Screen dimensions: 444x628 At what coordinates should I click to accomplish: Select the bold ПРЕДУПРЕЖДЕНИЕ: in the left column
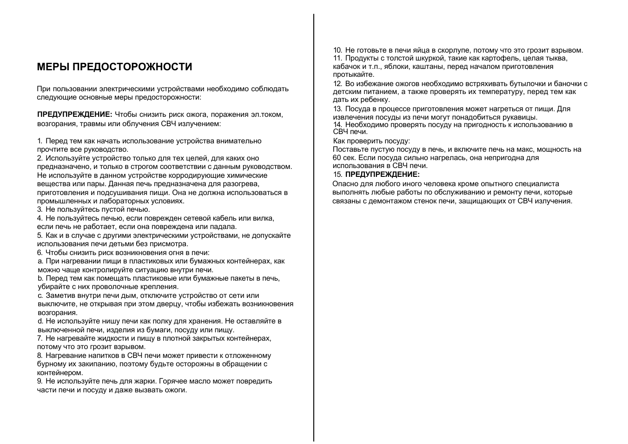point(74,114)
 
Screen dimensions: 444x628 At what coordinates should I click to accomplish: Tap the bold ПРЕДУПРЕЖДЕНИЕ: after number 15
point(382,175)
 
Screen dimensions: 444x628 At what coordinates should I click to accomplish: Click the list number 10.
point(338,50)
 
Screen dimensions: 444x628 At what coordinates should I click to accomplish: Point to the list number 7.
point(40,338)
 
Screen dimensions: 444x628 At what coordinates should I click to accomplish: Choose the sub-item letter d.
point(40,321)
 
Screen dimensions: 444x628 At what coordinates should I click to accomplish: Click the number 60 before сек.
point(337,158)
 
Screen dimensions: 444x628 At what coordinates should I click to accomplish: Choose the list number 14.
point(338,125)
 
